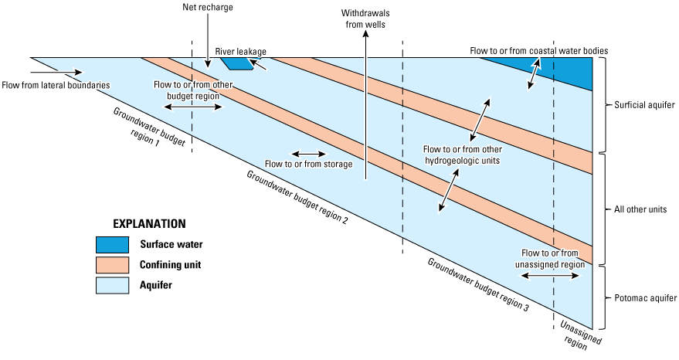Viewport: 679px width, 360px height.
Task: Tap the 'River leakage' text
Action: coord(241,52)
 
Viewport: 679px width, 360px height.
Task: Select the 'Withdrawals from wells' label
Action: coord(366,19)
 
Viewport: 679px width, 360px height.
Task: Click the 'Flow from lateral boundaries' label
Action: coord(55,84)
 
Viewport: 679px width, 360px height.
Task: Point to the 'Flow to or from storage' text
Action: coord(308,164)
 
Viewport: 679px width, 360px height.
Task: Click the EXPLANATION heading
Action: coord(149,224)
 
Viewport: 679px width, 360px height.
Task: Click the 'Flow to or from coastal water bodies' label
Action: coord(539,51)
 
